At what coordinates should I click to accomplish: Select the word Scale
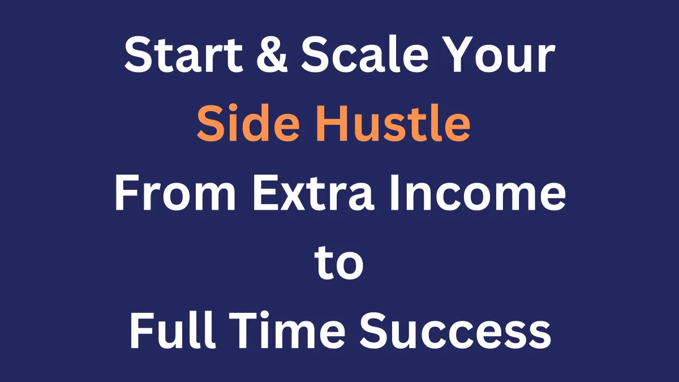pos(364,54)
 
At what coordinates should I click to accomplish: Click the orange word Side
pos(248,123)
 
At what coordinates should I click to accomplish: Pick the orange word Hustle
pos(393,123)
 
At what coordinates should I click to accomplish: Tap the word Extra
pos(313,193)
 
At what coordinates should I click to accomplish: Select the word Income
pos(478,193)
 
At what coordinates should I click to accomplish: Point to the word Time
pos(287,330)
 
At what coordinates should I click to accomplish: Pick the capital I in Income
pos(394,193)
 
